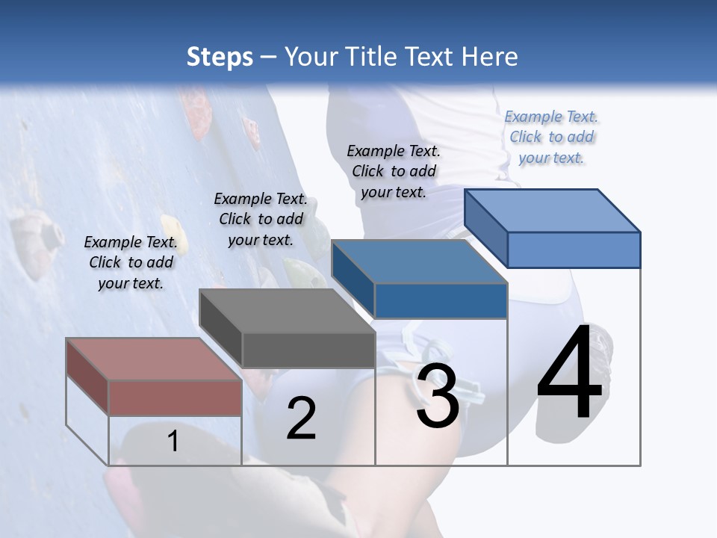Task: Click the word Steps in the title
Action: click(x=220, y=57)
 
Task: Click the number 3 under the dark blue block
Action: click(x=438, y=397)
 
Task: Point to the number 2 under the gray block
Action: click(x=301, y=418)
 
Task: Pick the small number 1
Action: click(x=173, y=441)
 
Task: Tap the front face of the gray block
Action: click(x=308, y=350)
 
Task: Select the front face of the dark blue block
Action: click(x=441, y=300)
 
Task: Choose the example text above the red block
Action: click(x=131, y=262)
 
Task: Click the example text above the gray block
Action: click(x=261, y=219)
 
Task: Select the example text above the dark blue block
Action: click(x=394, y=171)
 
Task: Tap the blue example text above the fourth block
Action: click(x=551, y=137)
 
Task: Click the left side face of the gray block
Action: click(x=221, y=329)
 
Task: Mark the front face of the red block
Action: click(x=175, y=398)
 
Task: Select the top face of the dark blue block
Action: click(x=419, y=262)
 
